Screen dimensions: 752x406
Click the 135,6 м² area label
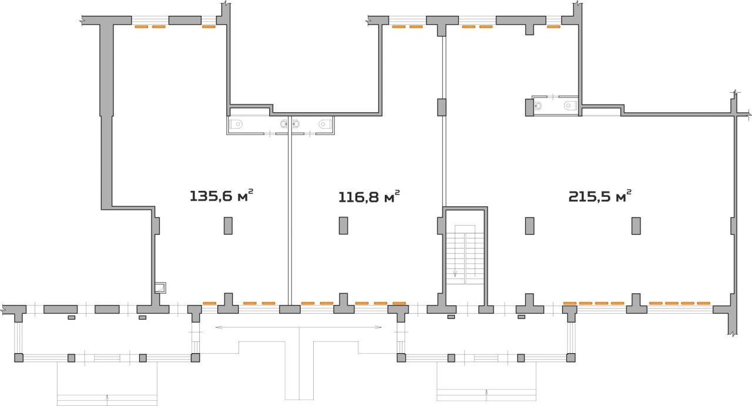point(221,196)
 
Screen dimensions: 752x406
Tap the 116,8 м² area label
point(369,196)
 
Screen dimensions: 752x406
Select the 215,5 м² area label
point(600,196)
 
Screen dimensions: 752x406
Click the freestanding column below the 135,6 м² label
point(228,226)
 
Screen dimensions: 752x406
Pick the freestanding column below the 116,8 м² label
point(343,226)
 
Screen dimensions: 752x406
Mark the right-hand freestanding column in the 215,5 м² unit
point(636,226)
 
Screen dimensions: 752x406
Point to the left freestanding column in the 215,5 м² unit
point(529,226)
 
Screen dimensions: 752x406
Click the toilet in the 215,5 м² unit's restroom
point(570,106)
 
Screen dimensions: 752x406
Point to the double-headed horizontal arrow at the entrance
point(298,327)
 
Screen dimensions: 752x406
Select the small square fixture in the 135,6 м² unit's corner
point(160,288)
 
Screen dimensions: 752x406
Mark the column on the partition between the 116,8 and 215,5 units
point(441,107)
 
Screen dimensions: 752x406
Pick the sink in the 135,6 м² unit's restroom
point(284,124)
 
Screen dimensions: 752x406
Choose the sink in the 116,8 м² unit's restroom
point(296,124)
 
